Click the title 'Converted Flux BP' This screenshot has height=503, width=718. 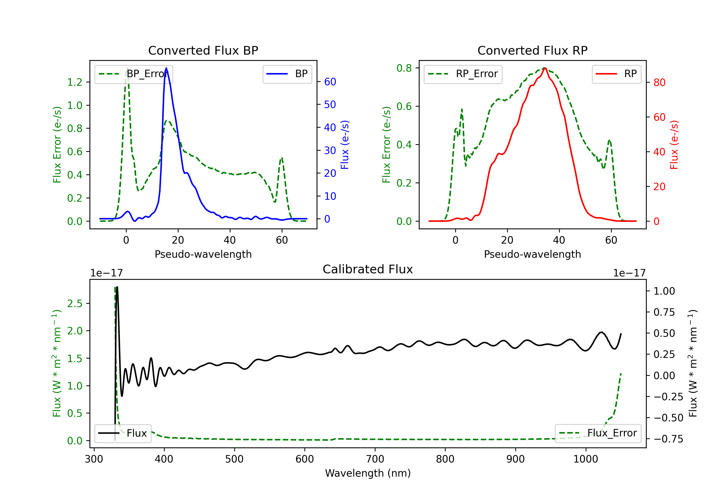(x=203, y=50)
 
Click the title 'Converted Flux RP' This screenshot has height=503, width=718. (x=532, y=50)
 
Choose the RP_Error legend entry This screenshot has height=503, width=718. (x=463, y=74)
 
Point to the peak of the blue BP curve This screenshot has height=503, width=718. (x=166, y=68)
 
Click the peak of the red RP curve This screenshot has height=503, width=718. (x=545, y=68)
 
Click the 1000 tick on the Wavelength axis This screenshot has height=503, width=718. (x=585, y=459)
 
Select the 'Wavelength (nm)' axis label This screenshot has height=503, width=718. (x=368, y=473)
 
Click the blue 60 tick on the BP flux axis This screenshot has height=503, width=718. (x=330, y=82)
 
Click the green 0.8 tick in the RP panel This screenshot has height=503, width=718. (x=404, y=68)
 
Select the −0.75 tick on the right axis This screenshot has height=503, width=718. (x=668, y=439)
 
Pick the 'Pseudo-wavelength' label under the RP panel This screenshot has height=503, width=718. (x=532, y=254)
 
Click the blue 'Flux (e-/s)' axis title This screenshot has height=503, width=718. (x=345, y=145)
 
